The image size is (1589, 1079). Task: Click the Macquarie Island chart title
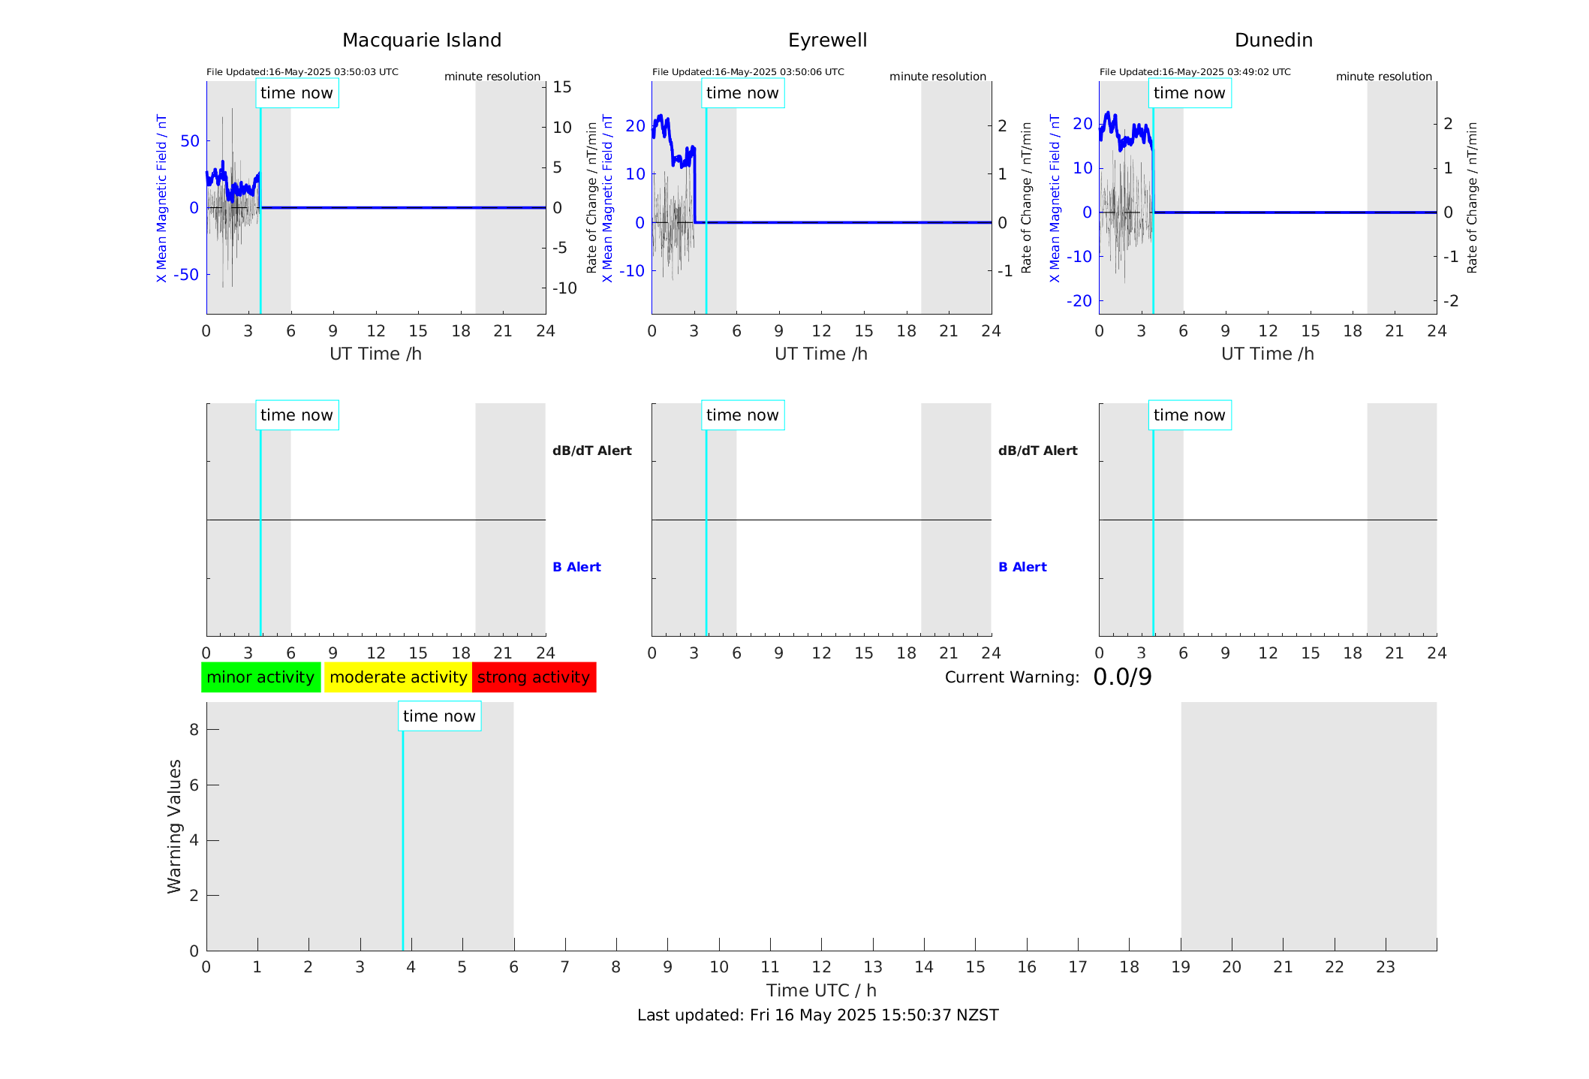[422, 41]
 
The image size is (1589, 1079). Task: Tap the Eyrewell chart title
[827, 41]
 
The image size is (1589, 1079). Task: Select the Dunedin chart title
[1273, 41]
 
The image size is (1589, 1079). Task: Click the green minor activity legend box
[260, 677]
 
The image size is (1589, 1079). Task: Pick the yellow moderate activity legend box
[398, 677]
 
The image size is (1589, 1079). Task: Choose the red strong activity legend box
[534, 677]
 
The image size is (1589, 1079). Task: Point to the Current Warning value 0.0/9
[1122, 677]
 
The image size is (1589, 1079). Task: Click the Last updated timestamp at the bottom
[817, 1015]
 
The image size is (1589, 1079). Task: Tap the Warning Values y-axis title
[175, 826]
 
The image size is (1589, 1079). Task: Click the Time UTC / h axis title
[821, 990]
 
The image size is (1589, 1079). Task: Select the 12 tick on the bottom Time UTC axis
[821, 967]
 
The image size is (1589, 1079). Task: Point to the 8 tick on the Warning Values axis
[194, 730]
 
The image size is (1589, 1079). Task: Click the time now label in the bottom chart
[439, 716]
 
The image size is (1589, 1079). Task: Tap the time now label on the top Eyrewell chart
[742, 93]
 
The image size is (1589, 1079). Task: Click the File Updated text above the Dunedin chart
[1195, 72]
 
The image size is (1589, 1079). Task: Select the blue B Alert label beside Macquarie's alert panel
[576, 567]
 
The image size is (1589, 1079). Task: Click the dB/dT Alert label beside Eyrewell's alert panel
[1037, 451]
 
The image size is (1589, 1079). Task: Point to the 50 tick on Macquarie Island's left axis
[190, 141]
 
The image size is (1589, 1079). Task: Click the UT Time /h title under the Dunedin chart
[1267, 354]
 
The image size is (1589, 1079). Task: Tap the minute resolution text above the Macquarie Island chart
[492, 77]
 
